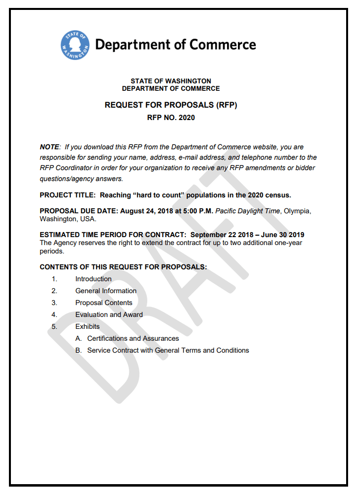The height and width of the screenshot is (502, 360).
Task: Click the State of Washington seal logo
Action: [75, 45]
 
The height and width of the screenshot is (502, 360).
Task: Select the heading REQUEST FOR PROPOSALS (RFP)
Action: [171, 105]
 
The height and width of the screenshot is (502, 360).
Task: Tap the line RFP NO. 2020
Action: [171, 118]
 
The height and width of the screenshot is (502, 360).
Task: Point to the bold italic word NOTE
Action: [49, 147]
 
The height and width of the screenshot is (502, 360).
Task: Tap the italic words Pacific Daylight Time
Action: [247, 211]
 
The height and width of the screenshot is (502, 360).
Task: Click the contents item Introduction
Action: [93, 279]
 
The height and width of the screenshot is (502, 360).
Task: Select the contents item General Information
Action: [106, 291]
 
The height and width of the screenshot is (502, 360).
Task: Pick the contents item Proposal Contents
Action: [104, 303]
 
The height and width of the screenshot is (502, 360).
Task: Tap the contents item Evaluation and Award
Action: [109, 314]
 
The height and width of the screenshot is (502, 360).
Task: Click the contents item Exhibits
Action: [87, 326]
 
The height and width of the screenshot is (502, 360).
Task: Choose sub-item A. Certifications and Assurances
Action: [127, 338]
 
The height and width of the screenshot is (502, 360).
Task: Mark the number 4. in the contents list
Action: [54, 314]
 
